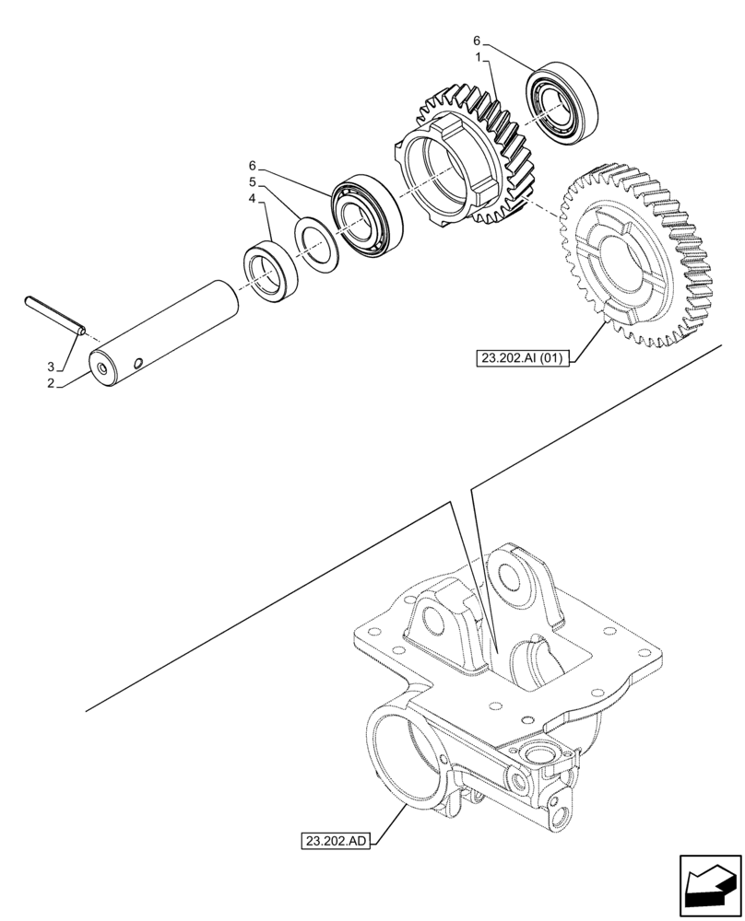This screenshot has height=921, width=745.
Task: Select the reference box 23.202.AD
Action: [334, 840]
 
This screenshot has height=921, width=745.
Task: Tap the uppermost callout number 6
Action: [477, 41]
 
